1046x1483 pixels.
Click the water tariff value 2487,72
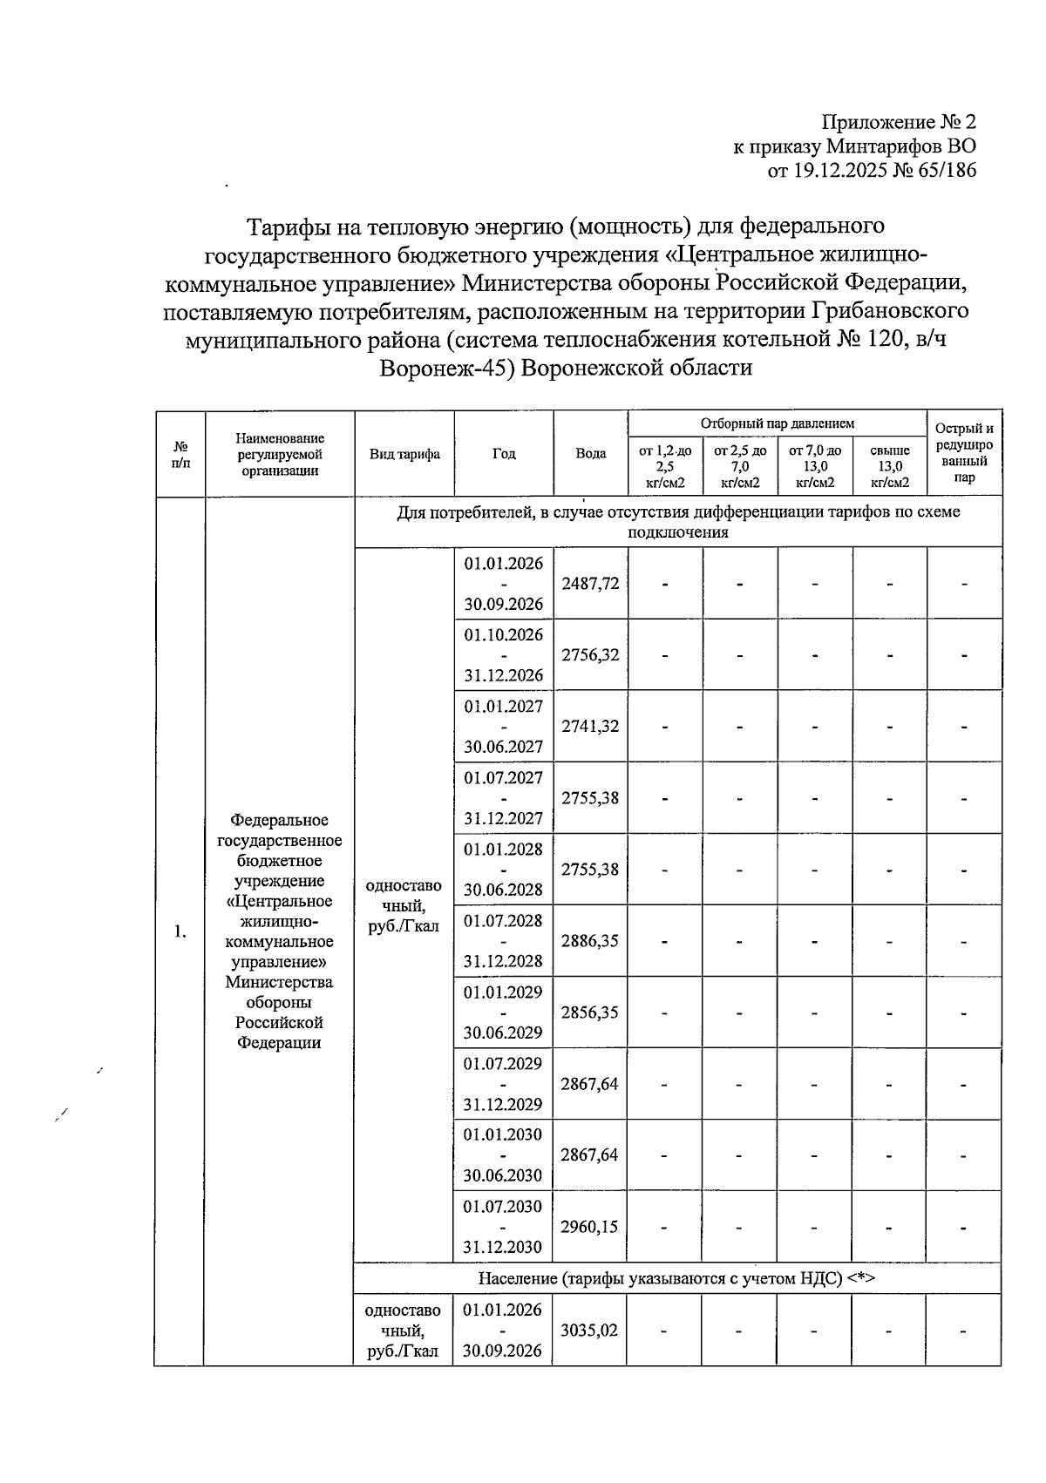coord(590,584)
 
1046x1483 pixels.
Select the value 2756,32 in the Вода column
coord(590,655)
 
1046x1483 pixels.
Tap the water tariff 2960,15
coord(590,1227)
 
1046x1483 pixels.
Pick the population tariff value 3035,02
coord(590,1331)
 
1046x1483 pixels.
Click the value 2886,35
coord(590,941)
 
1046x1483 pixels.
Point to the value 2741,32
coord(590,727)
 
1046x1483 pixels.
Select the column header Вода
coord(590,454)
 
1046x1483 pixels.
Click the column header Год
coord(504,454)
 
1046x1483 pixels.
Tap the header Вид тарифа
coord(404,454)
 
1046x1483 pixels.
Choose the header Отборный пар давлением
coord(778,423)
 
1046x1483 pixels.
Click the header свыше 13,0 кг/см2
coord(890,466)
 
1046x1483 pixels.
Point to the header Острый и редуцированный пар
coord(964,453)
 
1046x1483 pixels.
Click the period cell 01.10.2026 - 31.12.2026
coord(503,655)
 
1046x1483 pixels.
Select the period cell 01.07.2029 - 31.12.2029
coord(503,1084)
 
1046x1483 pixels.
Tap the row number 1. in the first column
coord(180,932)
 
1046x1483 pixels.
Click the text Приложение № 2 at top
coord(900,122)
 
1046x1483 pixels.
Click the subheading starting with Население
coord(676,1278)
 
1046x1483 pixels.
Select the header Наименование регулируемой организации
coord(280,454)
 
